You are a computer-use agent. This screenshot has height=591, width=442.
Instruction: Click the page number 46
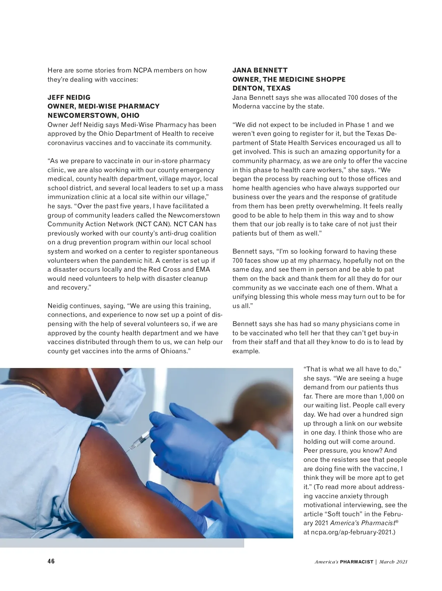[51, 561]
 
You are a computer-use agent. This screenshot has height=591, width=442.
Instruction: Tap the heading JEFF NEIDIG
[69, 98]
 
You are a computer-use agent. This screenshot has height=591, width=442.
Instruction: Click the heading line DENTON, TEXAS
[262, 88]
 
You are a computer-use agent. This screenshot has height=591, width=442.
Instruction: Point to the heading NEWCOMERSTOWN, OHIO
[94, 116]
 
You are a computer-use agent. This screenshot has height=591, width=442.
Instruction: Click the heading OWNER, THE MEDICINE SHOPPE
[289, 79]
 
